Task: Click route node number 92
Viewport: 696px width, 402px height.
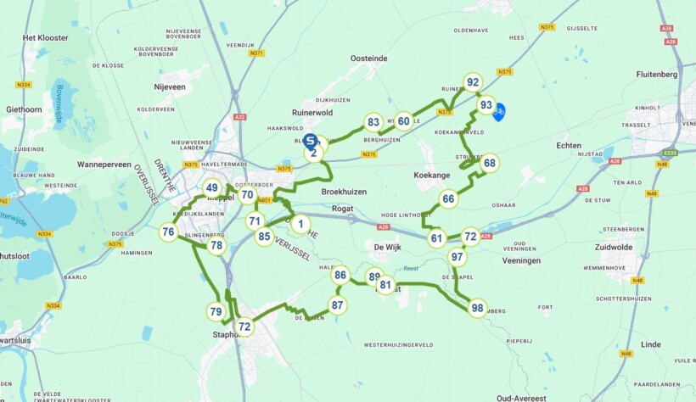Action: pos(474,82)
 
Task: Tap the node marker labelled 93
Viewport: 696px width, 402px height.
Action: pos(486,105)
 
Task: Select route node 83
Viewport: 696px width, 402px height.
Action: pos(373,122)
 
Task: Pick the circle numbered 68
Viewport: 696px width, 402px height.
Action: pos(490,163)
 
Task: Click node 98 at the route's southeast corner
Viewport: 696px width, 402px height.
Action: pos(478,308)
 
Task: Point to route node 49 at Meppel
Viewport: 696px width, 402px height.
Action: pos(211,188)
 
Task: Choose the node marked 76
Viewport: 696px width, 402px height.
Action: pos(168,232)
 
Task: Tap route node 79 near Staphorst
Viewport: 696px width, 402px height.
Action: pos(216,312)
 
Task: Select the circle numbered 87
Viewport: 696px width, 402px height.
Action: pos(338,305)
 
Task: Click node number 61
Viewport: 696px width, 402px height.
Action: pos(436,238)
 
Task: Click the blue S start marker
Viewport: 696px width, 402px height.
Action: pos(312,141)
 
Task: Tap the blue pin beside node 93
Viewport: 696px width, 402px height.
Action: pos(500,111)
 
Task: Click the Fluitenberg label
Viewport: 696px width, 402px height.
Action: pos(660,74)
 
